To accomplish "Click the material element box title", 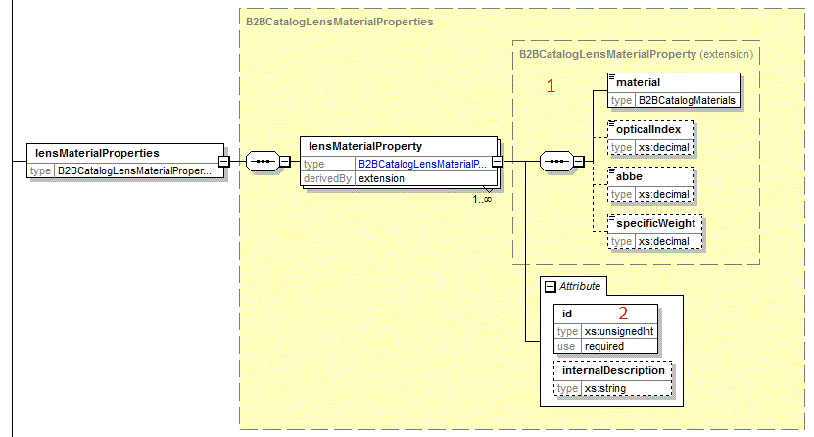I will [638, 83].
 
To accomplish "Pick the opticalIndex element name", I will [649, 129].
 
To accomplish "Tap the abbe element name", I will [629, 176].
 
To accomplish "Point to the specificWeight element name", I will [655, 223].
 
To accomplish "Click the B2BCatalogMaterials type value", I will [687, 100].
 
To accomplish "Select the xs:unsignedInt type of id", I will [618, 331].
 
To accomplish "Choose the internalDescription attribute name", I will [614, 370].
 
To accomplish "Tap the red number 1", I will [551, 86].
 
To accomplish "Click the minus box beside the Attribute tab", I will [550, 286].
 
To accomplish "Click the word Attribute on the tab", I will [580, 286].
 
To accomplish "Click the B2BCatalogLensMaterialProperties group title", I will [338, 21].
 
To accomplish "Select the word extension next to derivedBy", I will [381, 178].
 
